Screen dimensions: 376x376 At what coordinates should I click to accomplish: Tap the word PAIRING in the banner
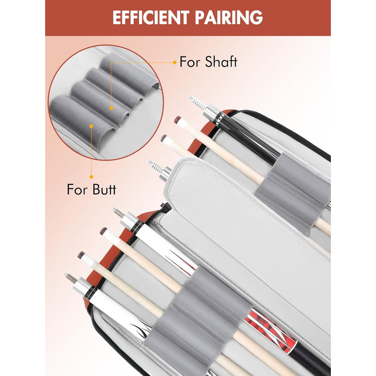point(232,17)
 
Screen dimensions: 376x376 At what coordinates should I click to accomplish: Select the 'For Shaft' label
point(208,62)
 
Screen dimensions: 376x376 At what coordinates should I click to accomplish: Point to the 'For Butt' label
point(91,189)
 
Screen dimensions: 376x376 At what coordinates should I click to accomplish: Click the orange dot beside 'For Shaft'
point(175,62)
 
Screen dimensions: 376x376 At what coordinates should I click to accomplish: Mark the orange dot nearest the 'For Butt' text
point(91,176)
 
